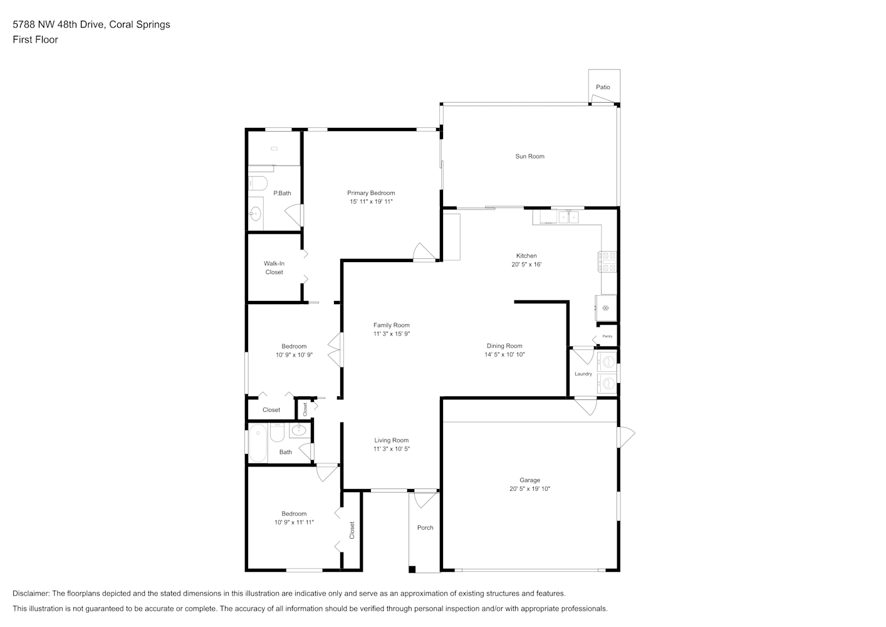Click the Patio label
(603, 87)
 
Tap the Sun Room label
(529, 156)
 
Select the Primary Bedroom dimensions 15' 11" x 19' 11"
(371, 201)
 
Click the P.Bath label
(282, 193)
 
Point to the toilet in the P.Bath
(258, 183)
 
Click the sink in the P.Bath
(255, 214)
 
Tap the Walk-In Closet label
(274, 268)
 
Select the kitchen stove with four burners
(608, 261)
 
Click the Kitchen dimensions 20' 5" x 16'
(526, 265)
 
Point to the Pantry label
(607, 336)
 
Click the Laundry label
(583, 374)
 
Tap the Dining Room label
(504, 346)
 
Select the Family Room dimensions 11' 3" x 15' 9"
(392, 334)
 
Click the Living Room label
(392, 440)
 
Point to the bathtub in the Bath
(258, 443)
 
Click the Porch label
(425, 528)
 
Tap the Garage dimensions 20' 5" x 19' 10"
(529, 489)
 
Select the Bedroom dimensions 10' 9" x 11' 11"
(294, 522)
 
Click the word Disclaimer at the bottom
(31, 593)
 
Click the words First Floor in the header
(35, 40)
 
